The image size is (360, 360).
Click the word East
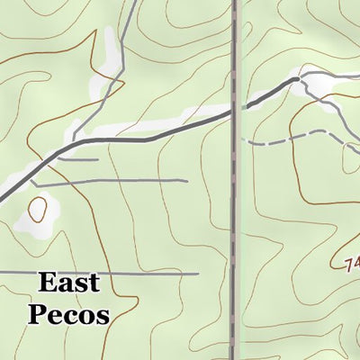click(x=68, y=284)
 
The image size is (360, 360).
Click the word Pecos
click(x=68, y=314)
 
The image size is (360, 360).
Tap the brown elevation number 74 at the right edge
click(x=352, y=264)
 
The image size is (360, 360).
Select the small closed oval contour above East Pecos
click(x=38, y=210)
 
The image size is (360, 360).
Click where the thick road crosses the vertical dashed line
click(x=234, y=110)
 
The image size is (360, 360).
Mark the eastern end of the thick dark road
click(x=296, y=80)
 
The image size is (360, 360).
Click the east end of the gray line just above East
click(x=197, y=272)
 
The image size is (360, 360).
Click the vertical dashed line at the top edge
click(x=234, y=4)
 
